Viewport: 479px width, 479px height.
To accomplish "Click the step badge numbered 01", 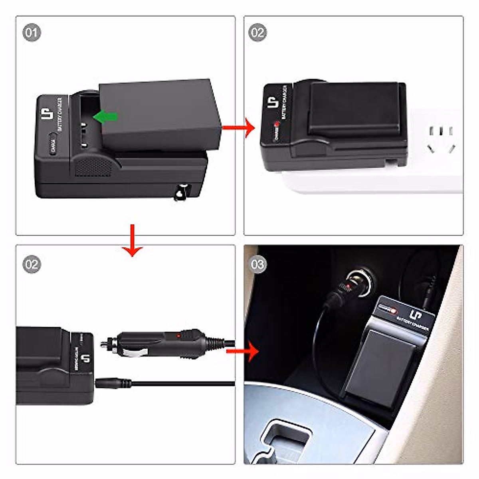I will pos(32,32).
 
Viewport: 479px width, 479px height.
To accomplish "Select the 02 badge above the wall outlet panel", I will pos(257,32).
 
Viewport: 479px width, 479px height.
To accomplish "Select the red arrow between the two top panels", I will pos(239,128).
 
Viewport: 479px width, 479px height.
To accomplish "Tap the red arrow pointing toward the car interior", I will pos(244,351).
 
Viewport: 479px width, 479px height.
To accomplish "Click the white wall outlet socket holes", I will pos(440,140).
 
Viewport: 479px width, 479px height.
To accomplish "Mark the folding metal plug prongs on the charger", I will pos(182,192).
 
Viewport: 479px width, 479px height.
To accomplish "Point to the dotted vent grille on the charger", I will pos(93,166).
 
